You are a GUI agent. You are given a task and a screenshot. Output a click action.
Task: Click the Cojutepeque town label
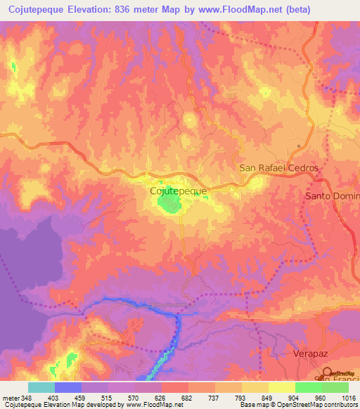point(178,190)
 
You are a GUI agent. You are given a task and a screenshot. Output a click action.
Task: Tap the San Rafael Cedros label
point(278,169)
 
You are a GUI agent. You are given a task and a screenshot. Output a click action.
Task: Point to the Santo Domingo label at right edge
point(332,195)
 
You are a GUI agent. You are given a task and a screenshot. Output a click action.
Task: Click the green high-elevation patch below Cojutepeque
point(169,204)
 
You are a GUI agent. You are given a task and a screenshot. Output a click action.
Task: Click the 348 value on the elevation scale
point(27,397)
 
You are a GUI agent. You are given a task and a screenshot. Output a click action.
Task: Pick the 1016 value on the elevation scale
point(348,397)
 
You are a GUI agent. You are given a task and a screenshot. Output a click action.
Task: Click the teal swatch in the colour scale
point(41,387)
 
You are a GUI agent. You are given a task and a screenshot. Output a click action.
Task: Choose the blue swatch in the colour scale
point(67,387)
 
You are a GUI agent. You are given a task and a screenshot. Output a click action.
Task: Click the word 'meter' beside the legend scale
point(11,397)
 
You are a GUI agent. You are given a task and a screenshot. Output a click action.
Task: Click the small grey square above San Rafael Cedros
point(299,147)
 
